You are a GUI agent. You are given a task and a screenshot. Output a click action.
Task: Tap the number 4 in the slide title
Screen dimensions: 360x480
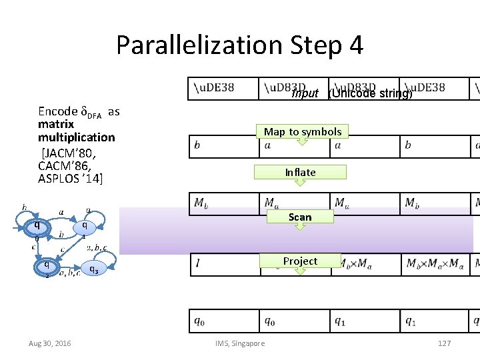pyautogui.click(x=355, y=45)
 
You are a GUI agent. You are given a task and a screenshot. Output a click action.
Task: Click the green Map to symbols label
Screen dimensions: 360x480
pyautogui.click(x=302, y=131)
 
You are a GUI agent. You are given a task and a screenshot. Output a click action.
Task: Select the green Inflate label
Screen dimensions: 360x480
pyautogui.click(x=300, y=172)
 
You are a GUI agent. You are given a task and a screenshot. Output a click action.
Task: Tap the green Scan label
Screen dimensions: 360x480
pyautogui.click(x=300, y=217)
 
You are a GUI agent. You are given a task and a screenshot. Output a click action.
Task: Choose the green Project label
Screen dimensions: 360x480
pyautogui.click(x=300, y=261)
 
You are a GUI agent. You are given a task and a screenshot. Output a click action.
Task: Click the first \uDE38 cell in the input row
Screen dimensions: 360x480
pyautogui.click(x=223, y=88)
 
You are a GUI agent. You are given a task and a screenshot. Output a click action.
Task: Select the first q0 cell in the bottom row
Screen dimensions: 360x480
pyautogui.click(x=223, y=321)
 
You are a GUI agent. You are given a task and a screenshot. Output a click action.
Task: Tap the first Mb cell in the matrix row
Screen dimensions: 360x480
pyautogui.click(x=223, y=203)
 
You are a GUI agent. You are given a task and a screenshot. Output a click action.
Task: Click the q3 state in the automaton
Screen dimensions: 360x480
pyautogui.click(x=93, y=269)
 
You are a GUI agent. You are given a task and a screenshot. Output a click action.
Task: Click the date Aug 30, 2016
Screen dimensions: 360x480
pyautogui.click(x=50, y=343)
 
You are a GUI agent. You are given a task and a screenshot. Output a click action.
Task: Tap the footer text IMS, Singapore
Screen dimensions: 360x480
pyautogui.click(x=240, y=343)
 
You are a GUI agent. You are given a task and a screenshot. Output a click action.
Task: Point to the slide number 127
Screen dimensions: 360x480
pyautogui.click(x=444, y=343)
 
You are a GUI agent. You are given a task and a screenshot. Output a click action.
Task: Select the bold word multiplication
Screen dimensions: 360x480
pyautogui.click(x=76, y=137)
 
